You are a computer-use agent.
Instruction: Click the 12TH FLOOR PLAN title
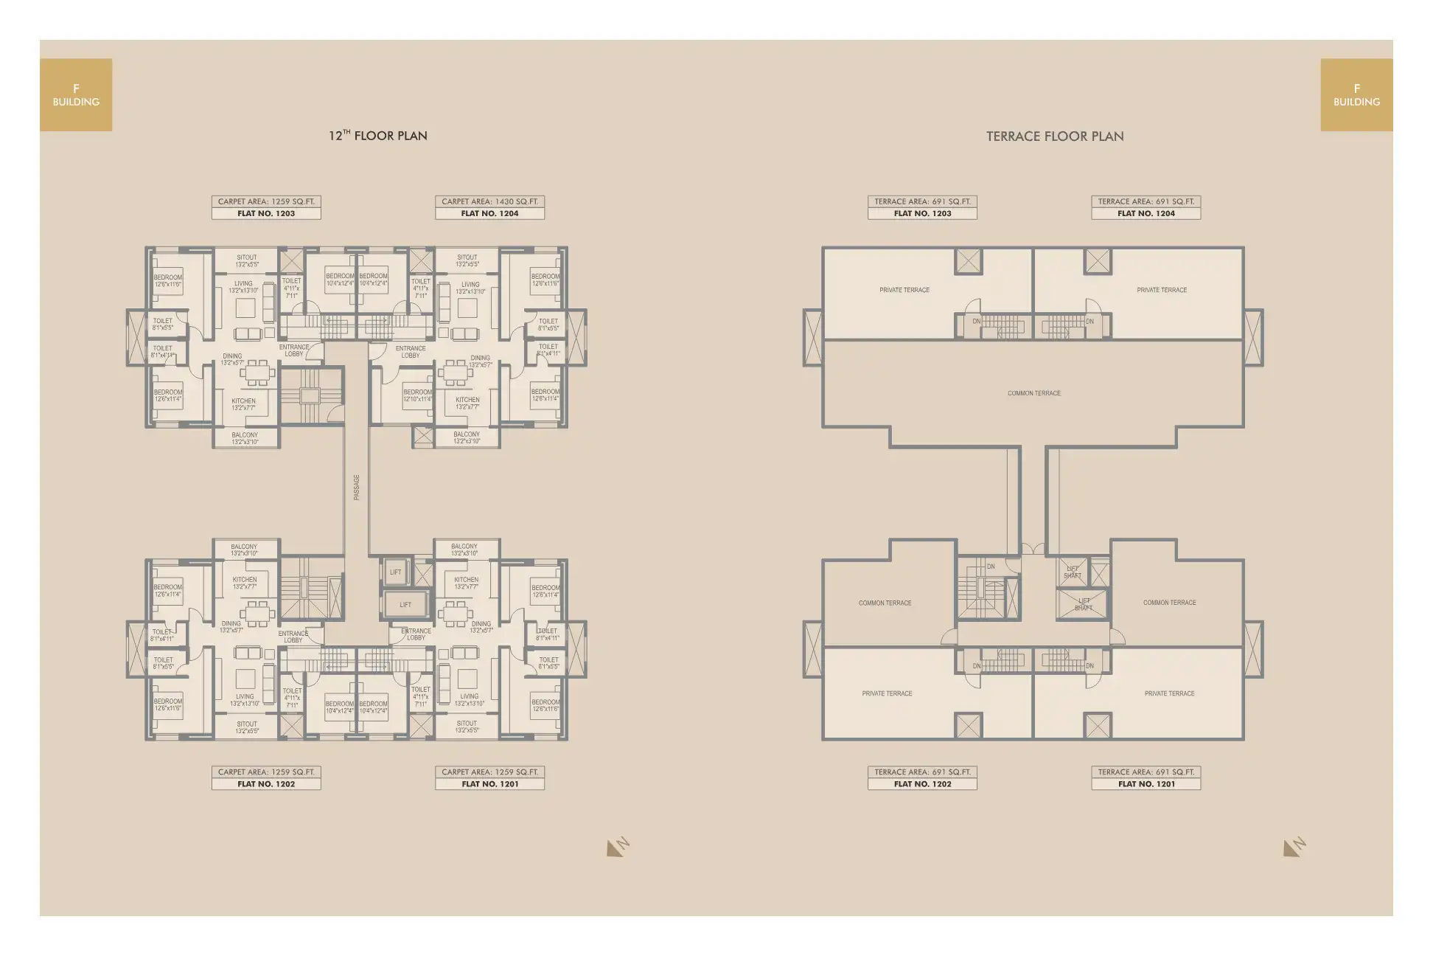[x=377, y=136]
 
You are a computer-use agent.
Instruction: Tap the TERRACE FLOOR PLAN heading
[x=1055, y=136]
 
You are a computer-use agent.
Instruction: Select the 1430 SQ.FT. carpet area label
[x=489, y=201]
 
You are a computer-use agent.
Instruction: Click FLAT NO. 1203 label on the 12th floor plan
[x=266, y=214]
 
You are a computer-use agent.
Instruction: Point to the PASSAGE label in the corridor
[x=357, y=487]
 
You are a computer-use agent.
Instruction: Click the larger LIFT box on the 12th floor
[x=405, y=605]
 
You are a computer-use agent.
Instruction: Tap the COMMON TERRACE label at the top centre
[x=1033, y=393]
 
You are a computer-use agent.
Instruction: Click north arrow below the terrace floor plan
[x=1294, y=847]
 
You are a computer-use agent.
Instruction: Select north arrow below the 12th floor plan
[x=618, y=847]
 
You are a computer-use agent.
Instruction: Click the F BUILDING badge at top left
[x=76, y=95]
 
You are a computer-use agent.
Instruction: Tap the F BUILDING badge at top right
[x=1356, y=95]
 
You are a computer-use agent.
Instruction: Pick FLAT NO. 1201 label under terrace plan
[x=1146, y=784]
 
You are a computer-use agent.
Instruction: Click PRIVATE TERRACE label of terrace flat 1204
[x=1162, y=290]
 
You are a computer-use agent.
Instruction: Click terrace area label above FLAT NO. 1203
[x=922, y=201]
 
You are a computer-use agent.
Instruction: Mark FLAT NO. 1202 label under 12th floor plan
[x=266, y=784]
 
